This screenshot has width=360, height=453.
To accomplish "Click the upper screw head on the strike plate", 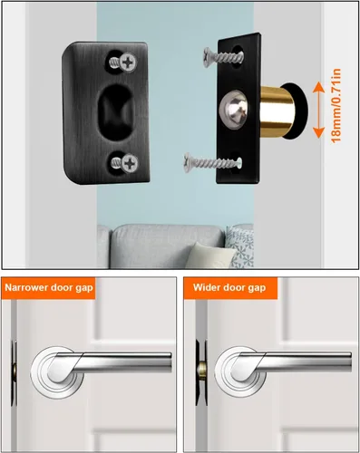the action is pyautogui.click(x=128, y=63).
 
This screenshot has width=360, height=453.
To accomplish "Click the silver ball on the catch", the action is pyautogui.click(x=234, y=110).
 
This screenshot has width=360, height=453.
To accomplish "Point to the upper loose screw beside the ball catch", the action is pyautogui.click(x=223, y=57).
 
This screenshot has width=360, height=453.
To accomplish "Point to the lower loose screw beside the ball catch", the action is pyautogui.click(x=213, y=163).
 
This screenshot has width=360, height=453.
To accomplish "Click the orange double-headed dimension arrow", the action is pyautogui.click(x=318, y=110).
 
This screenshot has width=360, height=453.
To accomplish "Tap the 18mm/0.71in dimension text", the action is pyautogui.click(x=336, y=105).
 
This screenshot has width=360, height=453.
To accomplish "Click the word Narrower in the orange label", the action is pyautogui.click(x=26, y=287).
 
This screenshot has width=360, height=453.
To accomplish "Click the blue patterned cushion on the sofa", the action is pyautogui.click(x=239, y=246).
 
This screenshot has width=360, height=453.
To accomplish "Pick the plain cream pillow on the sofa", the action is pyautogui.click(x=209, y=255).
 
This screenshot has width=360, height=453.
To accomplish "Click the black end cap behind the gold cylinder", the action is pyautogui.click(x=297, y=111).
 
